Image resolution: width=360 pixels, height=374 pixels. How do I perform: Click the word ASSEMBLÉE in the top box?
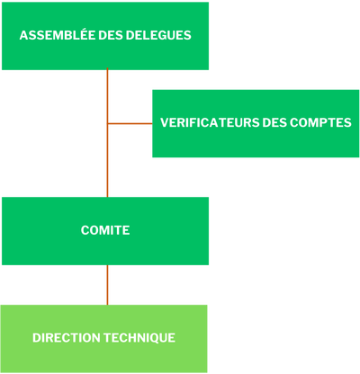(x=58, y=35)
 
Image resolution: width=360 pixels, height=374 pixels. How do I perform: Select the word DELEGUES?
(x=158, y=35)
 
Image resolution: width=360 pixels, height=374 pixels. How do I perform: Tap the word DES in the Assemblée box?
(x=111, y=35)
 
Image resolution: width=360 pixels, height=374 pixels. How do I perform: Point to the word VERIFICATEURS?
(x=210, y=122)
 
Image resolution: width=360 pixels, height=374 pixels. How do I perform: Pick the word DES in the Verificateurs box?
(x=274, y=122)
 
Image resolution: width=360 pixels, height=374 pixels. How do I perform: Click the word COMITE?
(x=105, y=230)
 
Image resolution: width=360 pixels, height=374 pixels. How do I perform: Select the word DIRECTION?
(x=67, y=338)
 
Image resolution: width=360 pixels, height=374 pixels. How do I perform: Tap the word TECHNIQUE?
(x=139, y=338)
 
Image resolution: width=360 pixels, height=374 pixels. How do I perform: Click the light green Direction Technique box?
(x=103, y=339)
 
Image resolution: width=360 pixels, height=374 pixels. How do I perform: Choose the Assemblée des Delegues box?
(x=105, y=36)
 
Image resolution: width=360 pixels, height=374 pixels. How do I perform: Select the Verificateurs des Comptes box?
(x=256, y=123)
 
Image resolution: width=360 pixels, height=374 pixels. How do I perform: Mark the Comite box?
(x=105, y=231)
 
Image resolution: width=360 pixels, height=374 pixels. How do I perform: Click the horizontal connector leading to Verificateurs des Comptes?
(x=130, y=123)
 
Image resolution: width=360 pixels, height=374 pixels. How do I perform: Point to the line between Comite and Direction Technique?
(x=107, y=285)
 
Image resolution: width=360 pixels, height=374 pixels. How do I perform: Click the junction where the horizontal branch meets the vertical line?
(x=107, y=123)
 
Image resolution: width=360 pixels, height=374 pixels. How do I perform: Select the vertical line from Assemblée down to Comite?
(x=107, y=133)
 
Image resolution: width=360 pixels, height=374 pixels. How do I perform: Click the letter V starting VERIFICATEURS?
(x=165, y=122)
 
